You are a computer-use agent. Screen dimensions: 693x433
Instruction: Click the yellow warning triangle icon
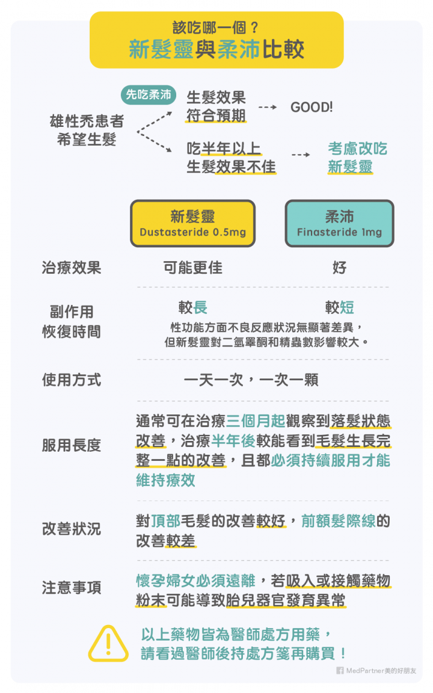[x=108, y=643]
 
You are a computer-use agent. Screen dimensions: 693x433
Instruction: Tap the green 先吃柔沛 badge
[x=147, y=94]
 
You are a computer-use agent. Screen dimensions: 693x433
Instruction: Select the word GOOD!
[x=311, y=108]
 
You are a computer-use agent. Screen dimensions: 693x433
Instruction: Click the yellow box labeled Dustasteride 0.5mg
[x=192, y=224]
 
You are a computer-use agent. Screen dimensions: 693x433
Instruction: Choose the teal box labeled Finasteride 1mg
[x=339, y=224]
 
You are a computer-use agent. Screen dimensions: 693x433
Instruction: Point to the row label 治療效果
[x=71, y=268]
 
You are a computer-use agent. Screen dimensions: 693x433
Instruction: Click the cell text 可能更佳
[x=192, y=268]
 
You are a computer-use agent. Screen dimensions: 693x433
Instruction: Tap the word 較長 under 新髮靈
[x=192, y=308]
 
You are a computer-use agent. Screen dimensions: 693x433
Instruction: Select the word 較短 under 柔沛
[x=339, y=308]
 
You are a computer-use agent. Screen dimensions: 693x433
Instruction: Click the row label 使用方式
[x=71, y=380]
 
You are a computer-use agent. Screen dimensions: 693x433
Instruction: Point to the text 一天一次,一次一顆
[x=251, y=380]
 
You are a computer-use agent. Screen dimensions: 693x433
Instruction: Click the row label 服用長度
[x=71, y=445]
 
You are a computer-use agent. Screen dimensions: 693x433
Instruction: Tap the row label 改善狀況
[x=71, y=529]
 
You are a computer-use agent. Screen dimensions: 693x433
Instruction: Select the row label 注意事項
[x=71, y=587]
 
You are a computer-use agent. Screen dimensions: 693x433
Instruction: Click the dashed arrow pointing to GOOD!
[x=267, y=108]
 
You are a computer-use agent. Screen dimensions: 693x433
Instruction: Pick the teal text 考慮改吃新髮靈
[x=357, y=158]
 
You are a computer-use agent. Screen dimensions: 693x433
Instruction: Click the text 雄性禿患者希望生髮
[x=86, y=131]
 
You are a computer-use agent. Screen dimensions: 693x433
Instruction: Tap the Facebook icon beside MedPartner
[x=340, y=670]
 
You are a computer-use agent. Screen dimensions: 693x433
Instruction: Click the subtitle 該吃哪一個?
[x=216, y=28]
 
